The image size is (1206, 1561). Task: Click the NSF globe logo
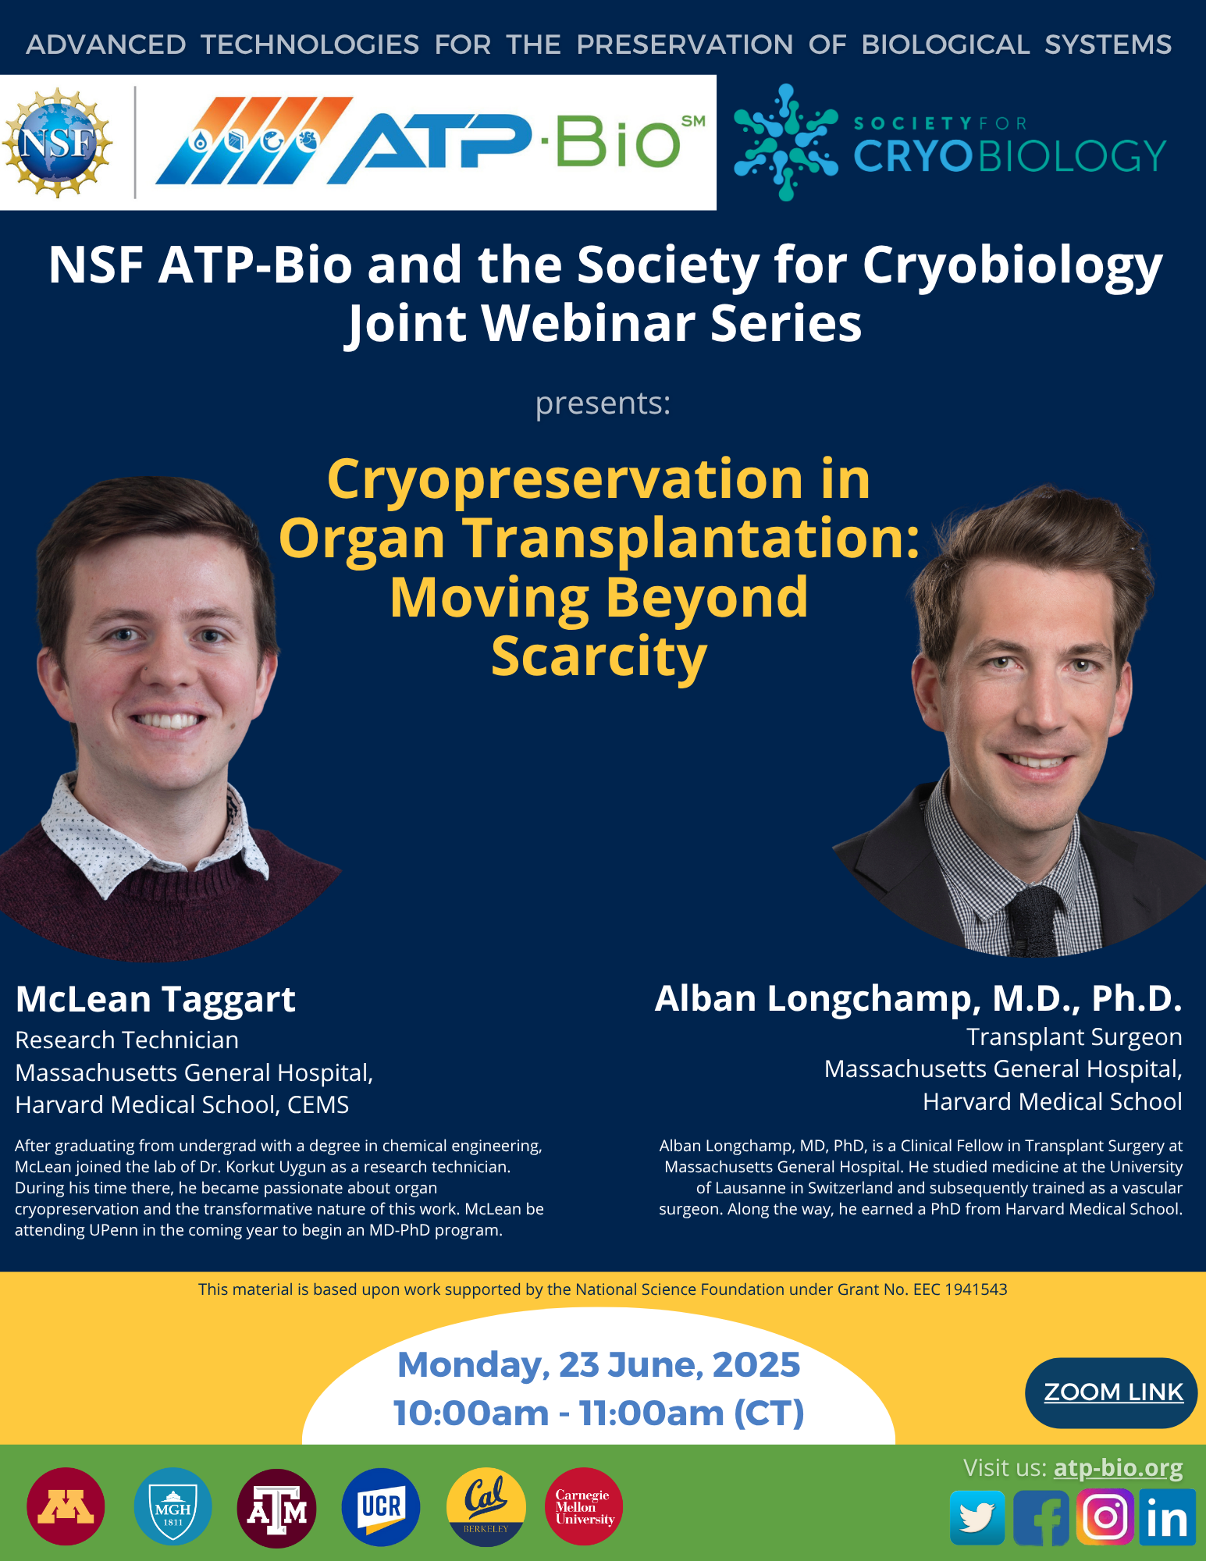58,142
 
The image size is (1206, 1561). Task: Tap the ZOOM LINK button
1111,1392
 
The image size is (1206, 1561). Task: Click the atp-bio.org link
1118,1468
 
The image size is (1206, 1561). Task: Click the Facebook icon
1041,1517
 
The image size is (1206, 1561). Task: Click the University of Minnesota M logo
66,1506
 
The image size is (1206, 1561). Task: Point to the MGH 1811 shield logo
173,1506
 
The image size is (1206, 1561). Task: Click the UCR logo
381,1506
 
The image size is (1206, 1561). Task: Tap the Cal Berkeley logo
486,1506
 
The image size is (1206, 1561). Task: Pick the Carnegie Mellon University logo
584,1506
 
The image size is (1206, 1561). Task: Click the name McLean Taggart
155,1000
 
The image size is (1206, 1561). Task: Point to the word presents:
603,404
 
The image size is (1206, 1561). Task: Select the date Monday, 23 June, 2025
599,1365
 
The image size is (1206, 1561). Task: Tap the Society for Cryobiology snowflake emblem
786,142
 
